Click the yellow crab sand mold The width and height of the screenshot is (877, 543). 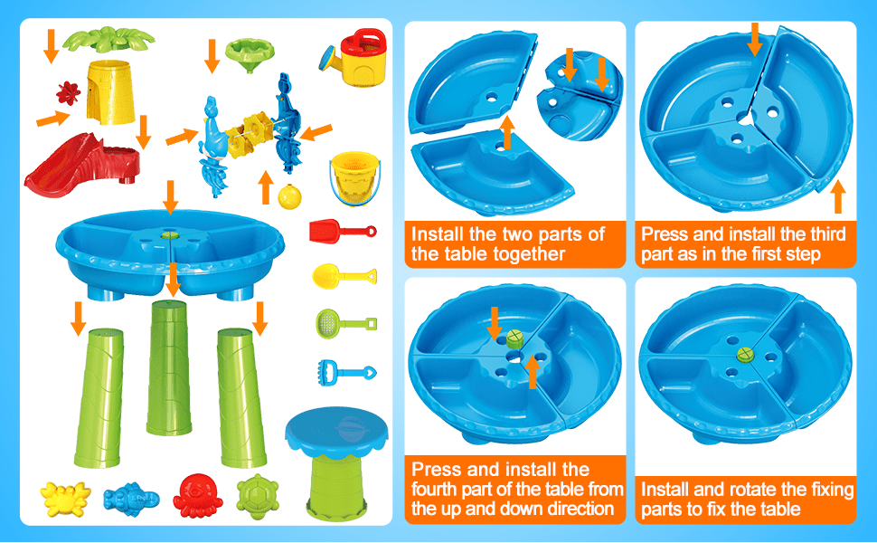pos(64,496)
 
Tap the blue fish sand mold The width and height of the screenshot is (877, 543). pos(130,497)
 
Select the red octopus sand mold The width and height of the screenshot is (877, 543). pos(196,494)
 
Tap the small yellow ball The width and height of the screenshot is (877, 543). pos(288,196)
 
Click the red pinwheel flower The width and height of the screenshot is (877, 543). pos(66,94)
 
